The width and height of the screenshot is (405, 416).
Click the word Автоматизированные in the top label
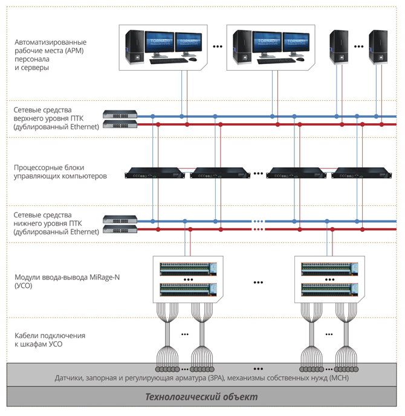pyautogui.click(x=51, y=42)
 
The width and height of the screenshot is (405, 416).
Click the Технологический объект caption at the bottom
pyautogui.click(x=202, y=397)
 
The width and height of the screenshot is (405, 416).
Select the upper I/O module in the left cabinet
pyautogui.click(x=186, y=267)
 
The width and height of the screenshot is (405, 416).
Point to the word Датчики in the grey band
pyautogui.click(x=70, y=377)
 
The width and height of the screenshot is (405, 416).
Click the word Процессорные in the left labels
pyautogui.click(x=37, y=168)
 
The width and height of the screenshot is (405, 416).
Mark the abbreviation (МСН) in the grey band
pyautogui.click(x=335, y=377)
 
